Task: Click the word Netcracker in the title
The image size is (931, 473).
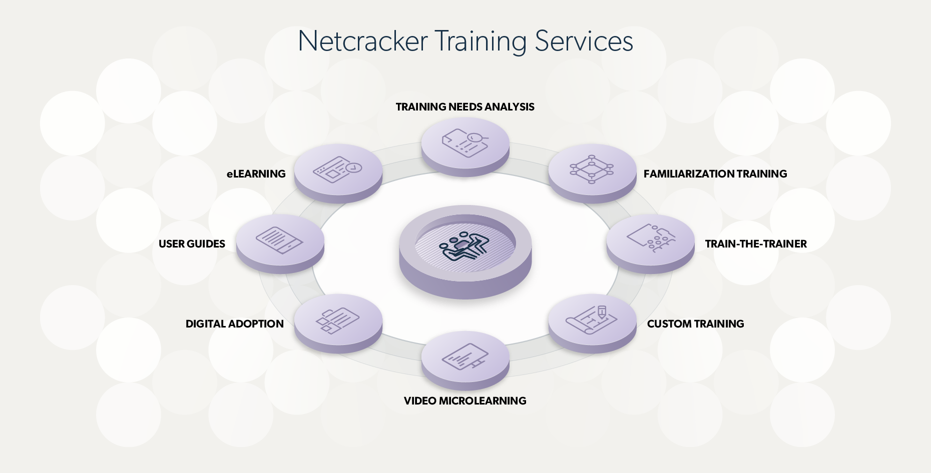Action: (363, 41)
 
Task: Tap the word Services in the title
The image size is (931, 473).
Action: (584, 41)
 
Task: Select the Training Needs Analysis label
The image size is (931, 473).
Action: (465, 107)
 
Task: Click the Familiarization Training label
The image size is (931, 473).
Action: (715, 174)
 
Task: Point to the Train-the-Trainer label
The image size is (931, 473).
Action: (756, 244)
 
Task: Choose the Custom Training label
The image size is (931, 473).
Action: (695, 324)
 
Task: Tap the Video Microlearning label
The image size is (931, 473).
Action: (465, 401)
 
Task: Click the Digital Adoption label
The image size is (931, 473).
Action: (234, 324)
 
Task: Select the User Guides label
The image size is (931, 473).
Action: (192, 244)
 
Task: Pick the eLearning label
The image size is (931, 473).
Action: (256, 174)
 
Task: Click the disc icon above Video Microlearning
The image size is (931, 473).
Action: (465, 357)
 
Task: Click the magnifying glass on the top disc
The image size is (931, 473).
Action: (476, 137)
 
